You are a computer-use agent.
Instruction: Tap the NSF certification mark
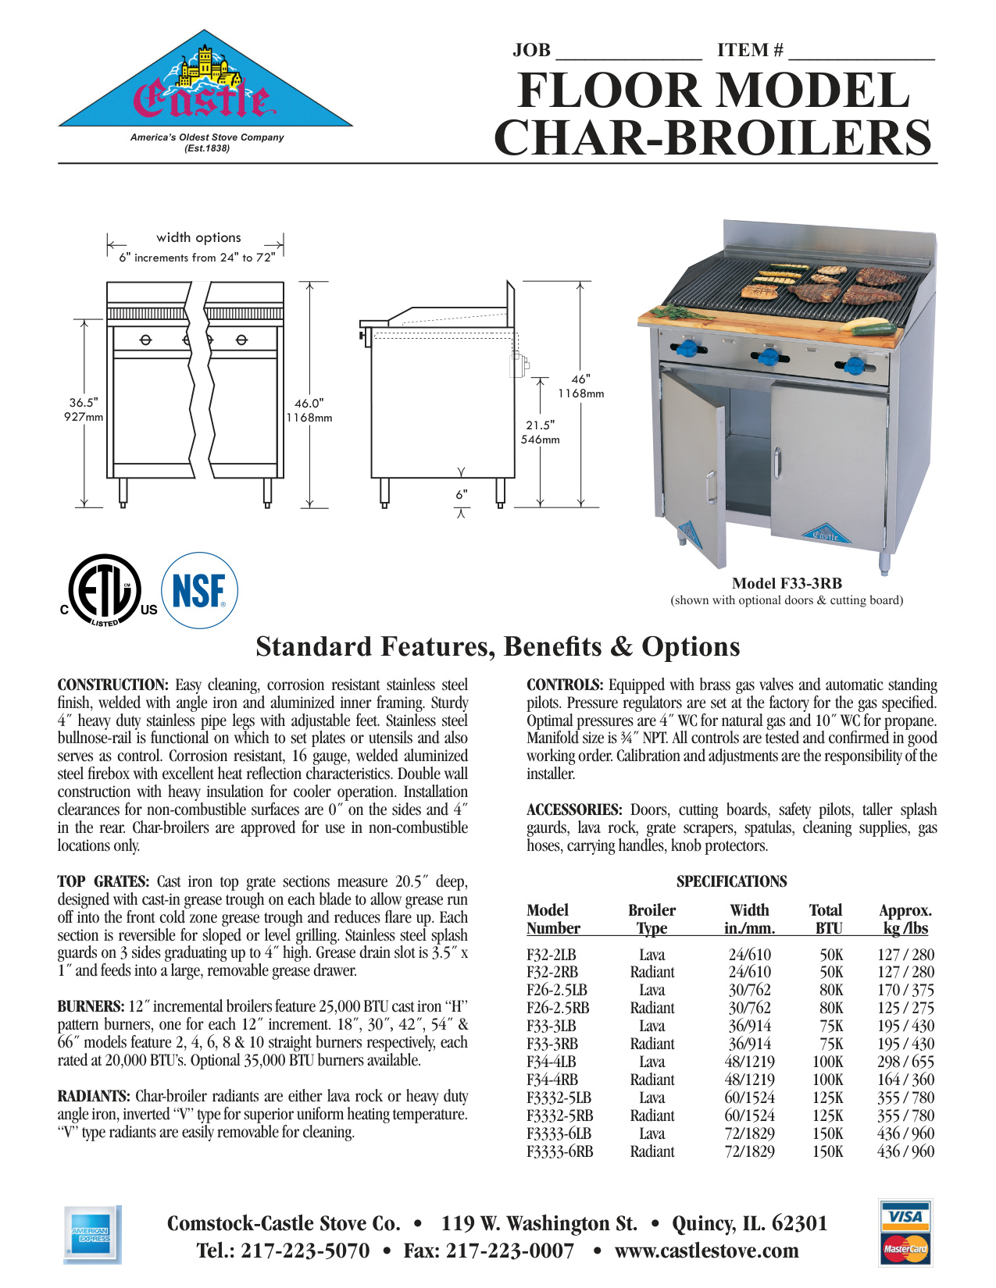198,591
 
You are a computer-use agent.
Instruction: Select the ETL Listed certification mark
105,591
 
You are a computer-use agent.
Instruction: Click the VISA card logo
905,1216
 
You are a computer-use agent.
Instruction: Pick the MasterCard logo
905,1248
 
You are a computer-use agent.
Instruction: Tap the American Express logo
91,1234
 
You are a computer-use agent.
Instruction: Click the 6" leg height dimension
462,494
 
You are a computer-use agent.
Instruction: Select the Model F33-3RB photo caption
787,583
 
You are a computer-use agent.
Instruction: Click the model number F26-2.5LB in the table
556,990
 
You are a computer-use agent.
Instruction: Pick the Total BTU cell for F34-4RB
827,1080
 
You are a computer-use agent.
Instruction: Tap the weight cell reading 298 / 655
905,1062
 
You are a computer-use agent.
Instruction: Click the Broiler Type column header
652,919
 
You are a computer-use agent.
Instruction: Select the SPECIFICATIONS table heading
731,881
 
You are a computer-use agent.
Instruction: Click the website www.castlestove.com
706,1251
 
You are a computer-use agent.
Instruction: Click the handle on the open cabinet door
710,487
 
